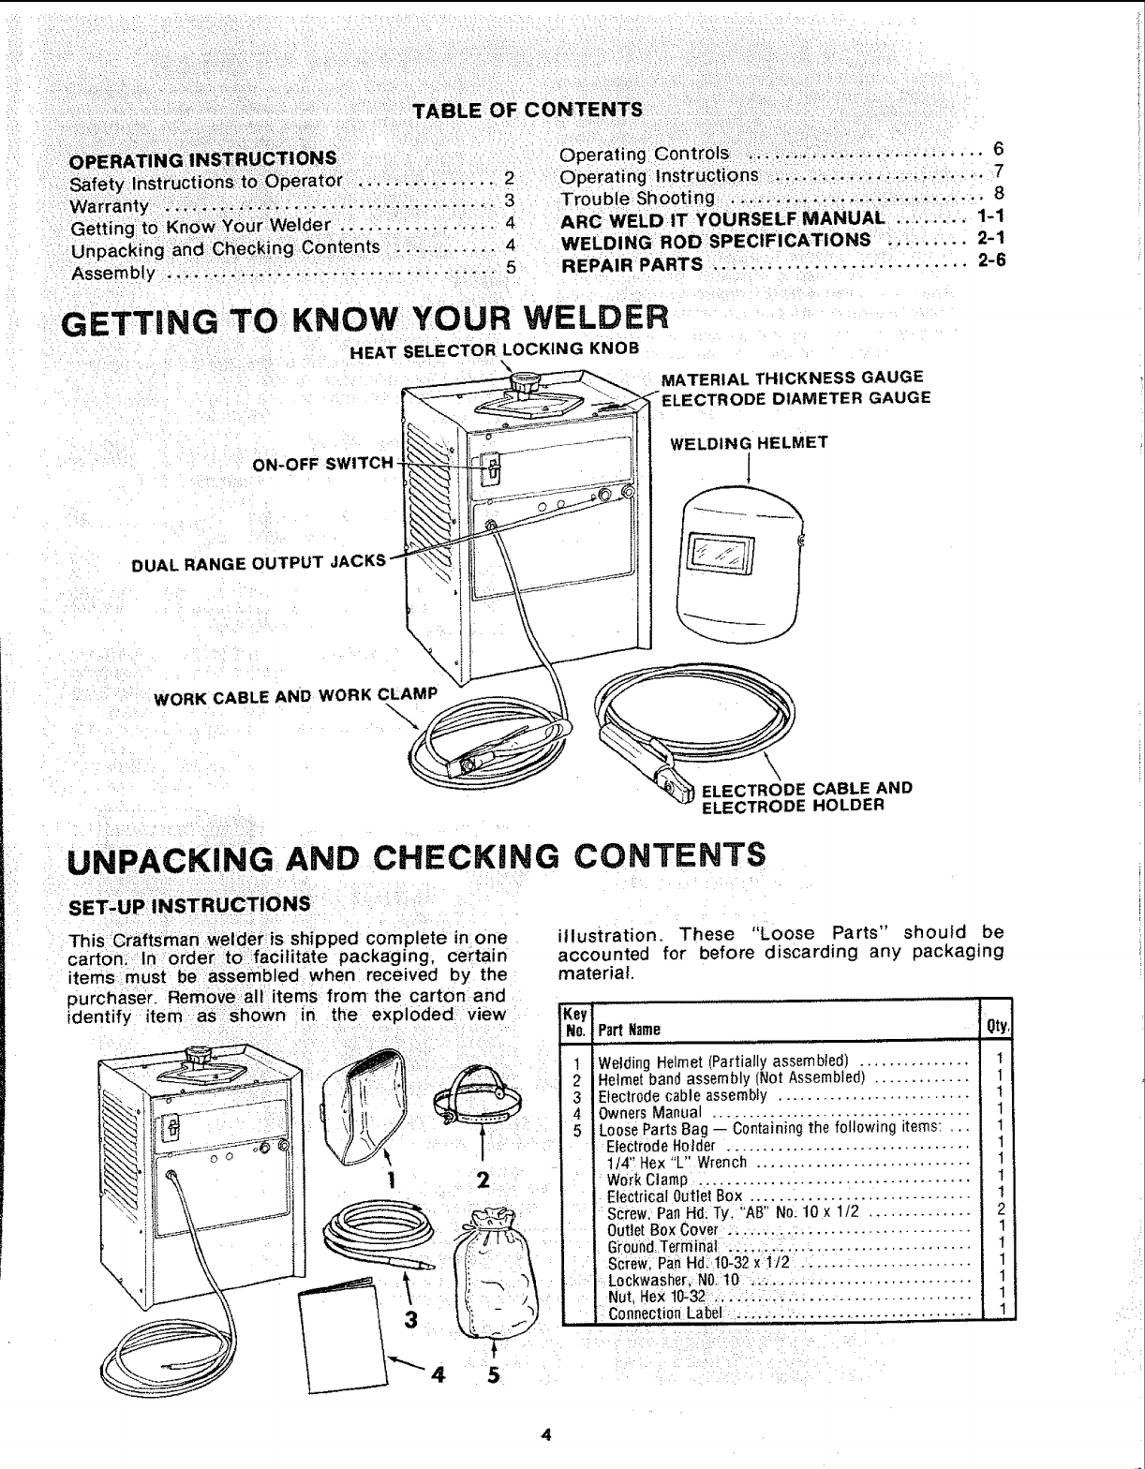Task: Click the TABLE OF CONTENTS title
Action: point(528,110)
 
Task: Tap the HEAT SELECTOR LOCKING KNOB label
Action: point(493,349)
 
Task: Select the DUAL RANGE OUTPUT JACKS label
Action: point(259,562)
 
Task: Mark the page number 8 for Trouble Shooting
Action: point(999,195)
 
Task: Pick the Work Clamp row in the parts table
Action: point(647,1180)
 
